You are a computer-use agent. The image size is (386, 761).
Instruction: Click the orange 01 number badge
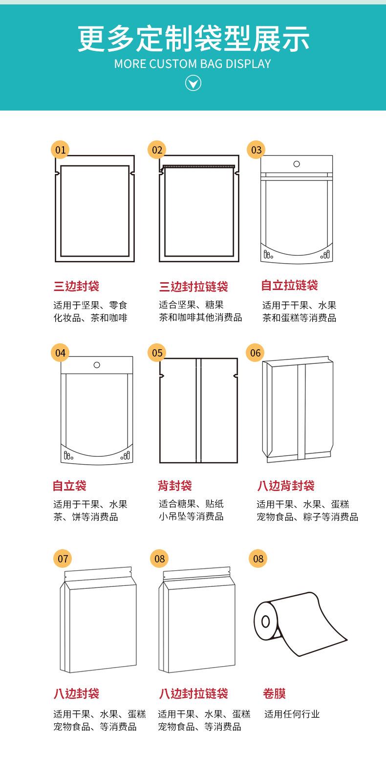point(60,150)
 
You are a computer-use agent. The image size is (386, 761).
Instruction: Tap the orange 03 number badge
point(257,150)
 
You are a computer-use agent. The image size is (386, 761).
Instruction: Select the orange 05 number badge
point(157,353)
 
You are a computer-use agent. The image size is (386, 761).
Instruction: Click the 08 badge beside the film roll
point(258,559)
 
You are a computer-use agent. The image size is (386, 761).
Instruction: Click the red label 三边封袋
point(76,286)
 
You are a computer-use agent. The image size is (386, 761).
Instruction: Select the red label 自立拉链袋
point(289,285)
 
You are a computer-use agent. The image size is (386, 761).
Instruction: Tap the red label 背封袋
point(174,486)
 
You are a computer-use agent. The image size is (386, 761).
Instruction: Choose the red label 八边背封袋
point(286,486)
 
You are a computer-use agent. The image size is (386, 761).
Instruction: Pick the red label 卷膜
point(274,694)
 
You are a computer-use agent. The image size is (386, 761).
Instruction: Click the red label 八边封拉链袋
point(193,694)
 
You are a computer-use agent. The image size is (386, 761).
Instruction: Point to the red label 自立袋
point(69,486)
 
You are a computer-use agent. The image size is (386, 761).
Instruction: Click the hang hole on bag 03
point(297,164)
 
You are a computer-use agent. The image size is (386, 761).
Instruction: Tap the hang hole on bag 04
point(97,365)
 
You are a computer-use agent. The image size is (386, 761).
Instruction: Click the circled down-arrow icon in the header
point(193,84)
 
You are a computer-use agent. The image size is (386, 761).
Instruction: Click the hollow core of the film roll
point(265,622)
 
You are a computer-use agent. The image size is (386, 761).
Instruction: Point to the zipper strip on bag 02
point(198,166)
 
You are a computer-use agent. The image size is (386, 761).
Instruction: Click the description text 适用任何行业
point(292,714)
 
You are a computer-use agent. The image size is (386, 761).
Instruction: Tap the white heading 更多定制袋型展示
point(193,39)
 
